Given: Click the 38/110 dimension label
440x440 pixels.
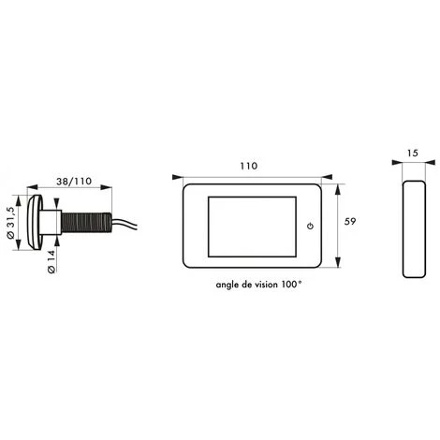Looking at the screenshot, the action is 74,182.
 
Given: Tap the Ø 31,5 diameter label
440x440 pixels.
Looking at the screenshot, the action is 10,222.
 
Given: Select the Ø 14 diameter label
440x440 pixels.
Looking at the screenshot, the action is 51,261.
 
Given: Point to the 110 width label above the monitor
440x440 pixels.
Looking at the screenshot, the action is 249,166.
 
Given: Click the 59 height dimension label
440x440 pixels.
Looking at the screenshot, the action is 350,221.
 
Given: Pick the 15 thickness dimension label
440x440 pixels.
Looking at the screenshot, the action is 412,154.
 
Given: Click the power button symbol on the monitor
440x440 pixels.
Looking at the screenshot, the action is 310,226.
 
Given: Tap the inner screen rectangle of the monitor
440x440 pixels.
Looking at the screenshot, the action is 252,227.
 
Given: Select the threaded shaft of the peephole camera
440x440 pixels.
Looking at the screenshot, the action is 86,223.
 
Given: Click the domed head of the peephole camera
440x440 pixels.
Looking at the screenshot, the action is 35,222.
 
